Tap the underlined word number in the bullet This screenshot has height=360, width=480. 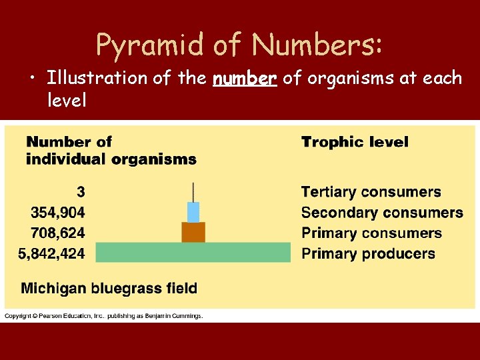(244, 79)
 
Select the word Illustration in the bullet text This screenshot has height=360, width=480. (96, 79)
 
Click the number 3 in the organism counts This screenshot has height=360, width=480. (81, 192)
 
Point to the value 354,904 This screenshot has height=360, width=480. (58, 213)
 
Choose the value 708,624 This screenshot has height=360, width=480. (58, 233)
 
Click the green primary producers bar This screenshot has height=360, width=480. (193, 253)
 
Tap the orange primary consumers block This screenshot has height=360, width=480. (193, 232)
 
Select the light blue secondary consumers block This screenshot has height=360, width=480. (193, 212)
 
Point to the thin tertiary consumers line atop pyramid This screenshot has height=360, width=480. (193, 192)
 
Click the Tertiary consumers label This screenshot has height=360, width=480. (371, 192)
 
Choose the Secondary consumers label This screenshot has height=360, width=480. (382, 213)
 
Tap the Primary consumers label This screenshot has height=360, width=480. (371, 233)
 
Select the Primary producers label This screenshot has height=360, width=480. (368, 254)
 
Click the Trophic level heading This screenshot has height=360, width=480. (355, 142)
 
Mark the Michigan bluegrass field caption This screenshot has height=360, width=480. (109, 289)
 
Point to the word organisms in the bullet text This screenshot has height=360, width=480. (343, 79)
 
